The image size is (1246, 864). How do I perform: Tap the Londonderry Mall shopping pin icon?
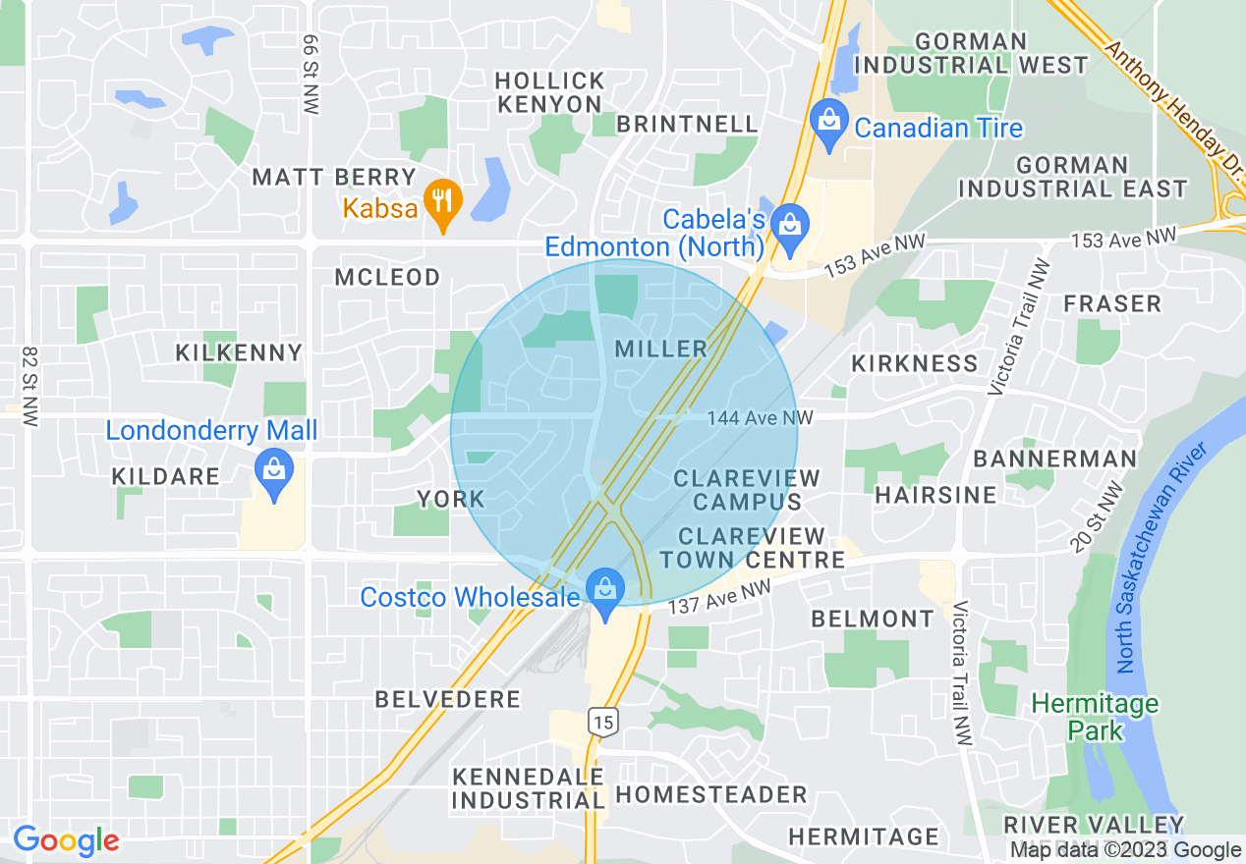[x=274, y=469]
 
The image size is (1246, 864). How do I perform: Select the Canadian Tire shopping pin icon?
[x=829, y=123]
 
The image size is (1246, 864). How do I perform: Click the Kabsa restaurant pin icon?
[x=442, y=202]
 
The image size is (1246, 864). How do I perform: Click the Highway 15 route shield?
[x=602, y=723]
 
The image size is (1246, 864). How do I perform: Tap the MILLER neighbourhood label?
[x=660, y=349]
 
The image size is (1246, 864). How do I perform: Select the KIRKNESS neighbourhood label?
[x=915, y=363]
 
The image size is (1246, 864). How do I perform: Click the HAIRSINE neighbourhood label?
[x=935, y=495]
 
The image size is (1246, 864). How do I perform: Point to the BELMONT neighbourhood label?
[x=873, y=619]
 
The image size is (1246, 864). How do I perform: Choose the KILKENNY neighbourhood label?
[x=239, y=352]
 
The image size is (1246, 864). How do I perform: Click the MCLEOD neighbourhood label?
[x=387, y=278]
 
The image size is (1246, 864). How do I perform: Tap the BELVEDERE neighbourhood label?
[x=448, y=699]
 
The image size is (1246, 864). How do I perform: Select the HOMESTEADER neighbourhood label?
[x=711, y=794]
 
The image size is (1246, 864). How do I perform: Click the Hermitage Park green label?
[x=1095, y=717]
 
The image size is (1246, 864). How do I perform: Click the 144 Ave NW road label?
[x=760, y=418]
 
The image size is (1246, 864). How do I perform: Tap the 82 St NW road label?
[x=29, y=385]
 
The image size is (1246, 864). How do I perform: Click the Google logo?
[x=66, y=840]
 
